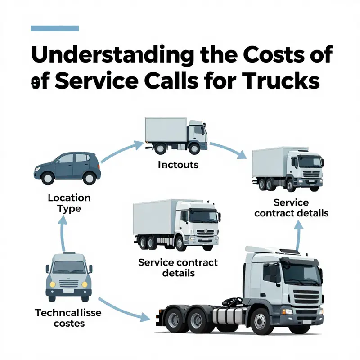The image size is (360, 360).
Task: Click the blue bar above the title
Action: click(x=54, y=28)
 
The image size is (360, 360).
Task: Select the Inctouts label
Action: click(x=178, y=165)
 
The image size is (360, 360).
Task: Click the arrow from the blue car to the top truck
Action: click(x=118, y=151)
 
